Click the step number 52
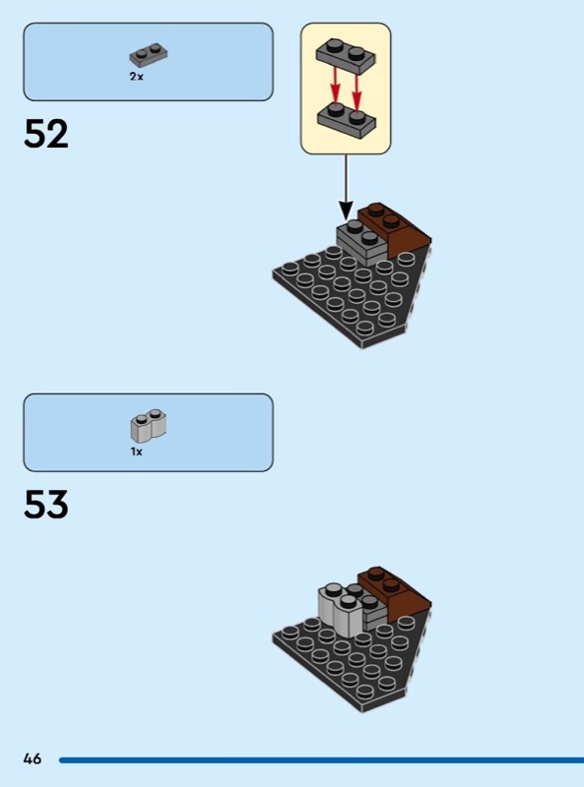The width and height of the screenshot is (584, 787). coord(45,134)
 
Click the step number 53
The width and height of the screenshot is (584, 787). coord(45,505)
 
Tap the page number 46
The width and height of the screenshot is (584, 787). coord(32,758)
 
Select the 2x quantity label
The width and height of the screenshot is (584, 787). coord(136,77)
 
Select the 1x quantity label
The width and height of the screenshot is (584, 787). coord(136,452)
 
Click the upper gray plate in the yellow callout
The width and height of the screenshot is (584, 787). coord(346,56)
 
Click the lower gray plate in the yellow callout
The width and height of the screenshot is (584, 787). coord(346,119)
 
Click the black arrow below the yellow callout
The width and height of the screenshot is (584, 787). coord(346,187)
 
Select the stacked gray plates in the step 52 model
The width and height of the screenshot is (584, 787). coord(360,243)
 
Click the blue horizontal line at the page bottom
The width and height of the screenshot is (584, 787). coord(322,759)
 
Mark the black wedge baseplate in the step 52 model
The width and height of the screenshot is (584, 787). coord(350,299)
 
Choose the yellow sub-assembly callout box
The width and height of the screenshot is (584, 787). coord(346,89)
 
